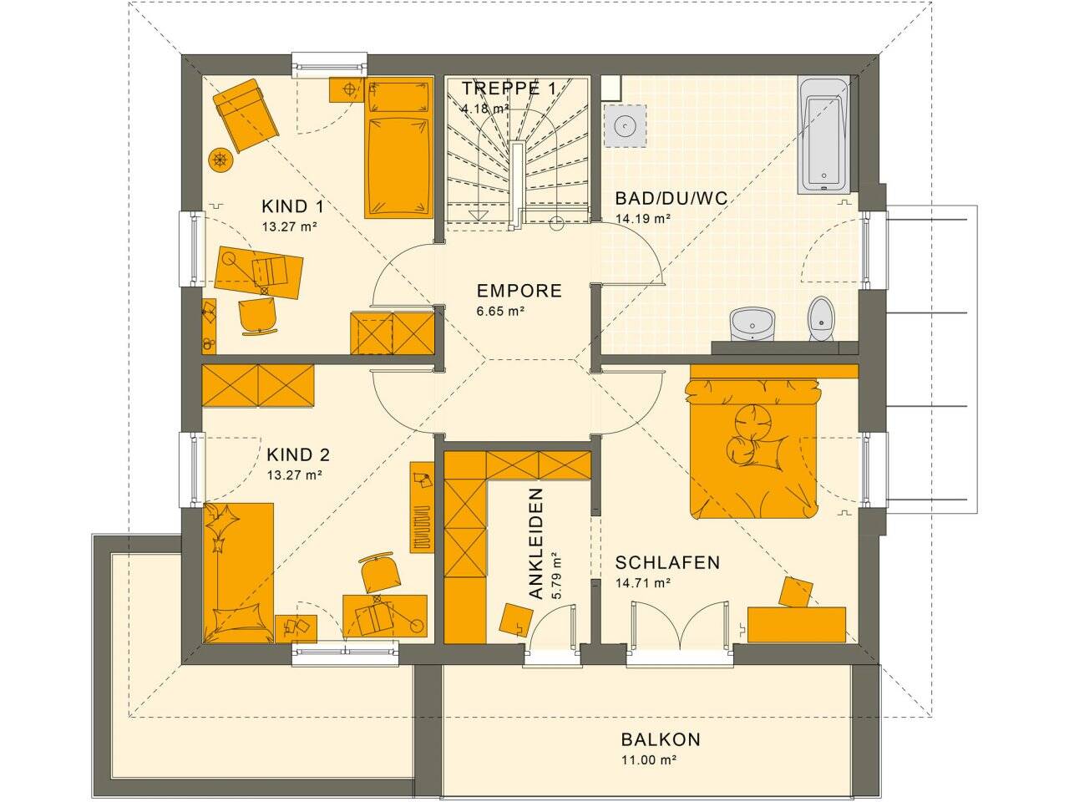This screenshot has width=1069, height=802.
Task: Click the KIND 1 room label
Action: click(x=292, y=206)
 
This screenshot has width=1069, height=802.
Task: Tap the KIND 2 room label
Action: click(x=298, y=455)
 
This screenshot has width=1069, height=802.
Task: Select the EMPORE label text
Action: click(x=519, y=292)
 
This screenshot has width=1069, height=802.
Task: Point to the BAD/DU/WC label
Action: click(x=671, y=199)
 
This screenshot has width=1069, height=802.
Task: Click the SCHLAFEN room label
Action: click(x=667, y=563)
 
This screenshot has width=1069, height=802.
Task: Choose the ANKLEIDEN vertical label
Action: click(x=536, y=544)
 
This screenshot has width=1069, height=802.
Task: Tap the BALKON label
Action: click(x=660, y=739)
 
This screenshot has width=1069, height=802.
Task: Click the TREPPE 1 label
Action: click(x=509, y=88)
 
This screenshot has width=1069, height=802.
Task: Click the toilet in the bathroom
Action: click(x=821, y=318)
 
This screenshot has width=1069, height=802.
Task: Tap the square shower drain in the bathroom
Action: click(x=623, y=125)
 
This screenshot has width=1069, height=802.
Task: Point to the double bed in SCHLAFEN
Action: click(x=752, y=447)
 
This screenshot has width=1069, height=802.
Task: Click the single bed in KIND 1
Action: click(x=398, y=150)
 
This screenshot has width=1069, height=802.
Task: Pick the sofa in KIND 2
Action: click(x=238, y=572)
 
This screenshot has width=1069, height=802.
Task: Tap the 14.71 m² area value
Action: click(x=644, y=583)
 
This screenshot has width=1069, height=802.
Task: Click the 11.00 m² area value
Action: click(x=648, y=760)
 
